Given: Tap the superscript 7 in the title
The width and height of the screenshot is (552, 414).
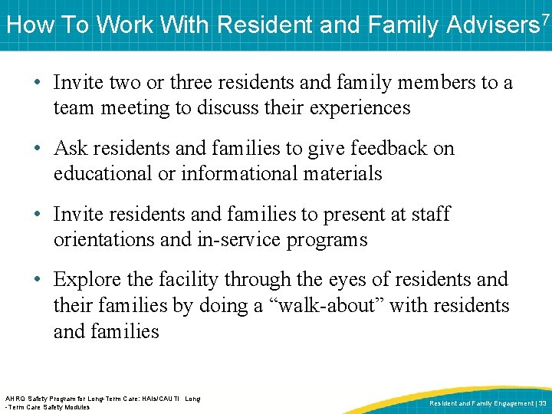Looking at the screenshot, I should point(545,17).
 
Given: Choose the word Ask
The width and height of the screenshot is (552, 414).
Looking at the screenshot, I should point(71,147).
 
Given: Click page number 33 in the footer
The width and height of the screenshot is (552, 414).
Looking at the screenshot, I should point(541,402).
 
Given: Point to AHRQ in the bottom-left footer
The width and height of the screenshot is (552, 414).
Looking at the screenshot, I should point(15,399).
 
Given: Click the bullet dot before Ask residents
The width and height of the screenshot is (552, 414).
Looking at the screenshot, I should point(38,148).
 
